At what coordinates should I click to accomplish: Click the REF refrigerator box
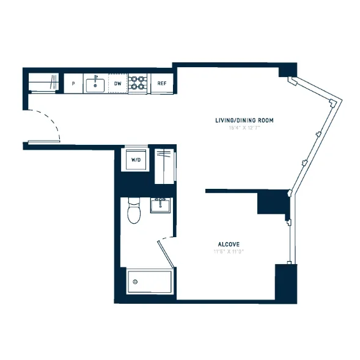162,83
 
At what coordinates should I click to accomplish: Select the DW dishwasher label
118,83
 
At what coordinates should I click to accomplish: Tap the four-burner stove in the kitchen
139,83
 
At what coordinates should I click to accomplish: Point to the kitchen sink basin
95,84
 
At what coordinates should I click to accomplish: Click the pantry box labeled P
73,83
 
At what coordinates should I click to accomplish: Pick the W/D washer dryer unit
135,160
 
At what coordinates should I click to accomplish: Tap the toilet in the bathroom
134,212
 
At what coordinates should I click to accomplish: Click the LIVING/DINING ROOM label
244,120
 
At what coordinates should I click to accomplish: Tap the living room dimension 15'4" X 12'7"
244,128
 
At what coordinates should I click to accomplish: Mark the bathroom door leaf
166,252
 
